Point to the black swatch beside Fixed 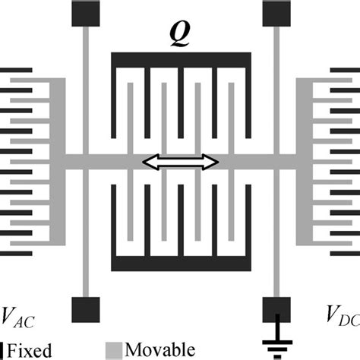click(x=3, y=350)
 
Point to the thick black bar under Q click(x=180, y=59)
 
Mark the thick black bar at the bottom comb click(x=180, y=264)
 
